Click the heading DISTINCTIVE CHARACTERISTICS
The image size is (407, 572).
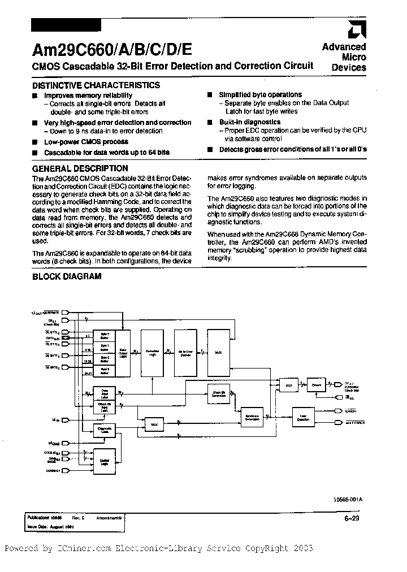pos(96,85)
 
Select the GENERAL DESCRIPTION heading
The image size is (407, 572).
pos(80,168)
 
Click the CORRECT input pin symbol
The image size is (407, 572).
pos(65,470)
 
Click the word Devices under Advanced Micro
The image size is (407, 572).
pos(349,68)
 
